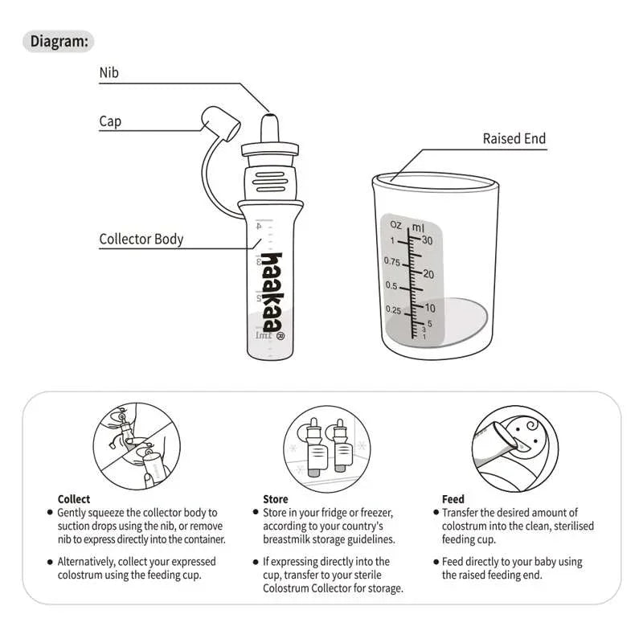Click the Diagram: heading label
[x=60, y=41]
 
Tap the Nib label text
[x=109, y=72]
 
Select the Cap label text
[x=110, y=121]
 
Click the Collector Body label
[x=141, y=239]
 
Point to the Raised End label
[x=514, y=138]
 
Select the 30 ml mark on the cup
[x=427, y=241]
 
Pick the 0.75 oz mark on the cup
[x=391, y=262]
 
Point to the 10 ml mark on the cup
[x=429, y=308]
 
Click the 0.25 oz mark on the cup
[x=392, y=309]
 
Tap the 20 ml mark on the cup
[x=428, y=274]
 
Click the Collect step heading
[x=74, y=499]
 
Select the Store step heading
[x=276, y=499]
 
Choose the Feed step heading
[x=453, y=499]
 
